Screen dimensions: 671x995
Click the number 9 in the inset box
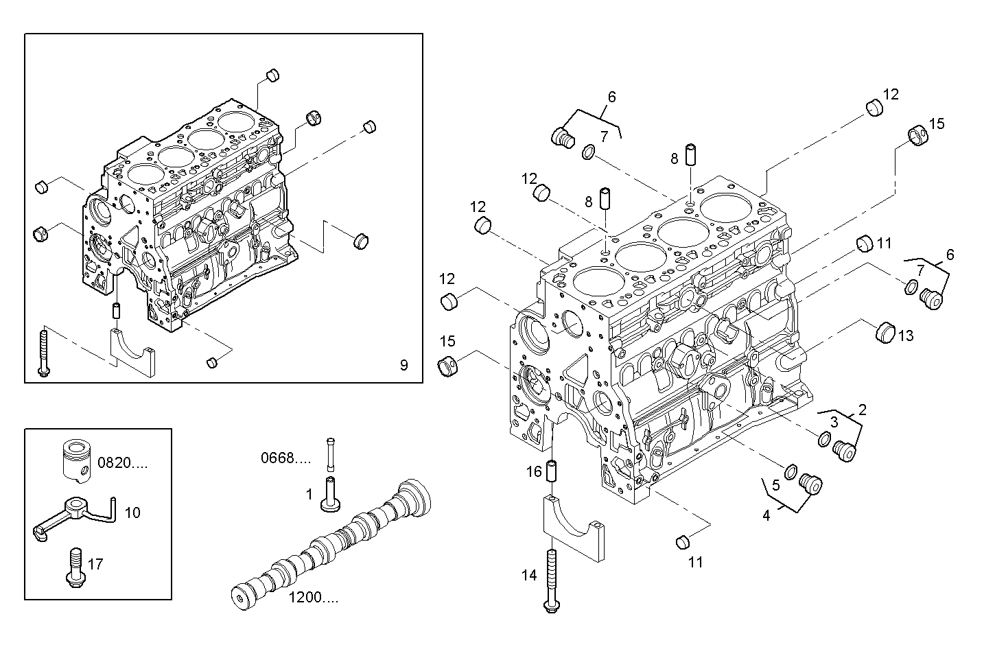(x=403, y=365)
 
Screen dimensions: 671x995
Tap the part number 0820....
(x=122, y=463)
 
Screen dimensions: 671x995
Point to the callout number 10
(x=132, y=513)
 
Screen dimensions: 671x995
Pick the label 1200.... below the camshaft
(x=313, y=598)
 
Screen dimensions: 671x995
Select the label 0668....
(x=285, y=458)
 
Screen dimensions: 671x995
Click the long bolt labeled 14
(x=550, y=580)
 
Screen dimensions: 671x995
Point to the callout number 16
(x=535, y=471)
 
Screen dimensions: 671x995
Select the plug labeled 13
(x=885, y=332)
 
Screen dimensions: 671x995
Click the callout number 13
(x=906, y=335)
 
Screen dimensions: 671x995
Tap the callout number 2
(x=863, y=410)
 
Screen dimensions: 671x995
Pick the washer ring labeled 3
(x=825, y=439)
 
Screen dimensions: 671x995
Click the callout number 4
(x=766, y=515)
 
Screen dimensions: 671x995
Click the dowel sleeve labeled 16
(x=554, y=471)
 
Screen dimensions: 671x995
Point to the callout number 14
(x=528, y=576)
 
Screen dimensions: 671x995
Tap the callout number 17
(x=95, y=564)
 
